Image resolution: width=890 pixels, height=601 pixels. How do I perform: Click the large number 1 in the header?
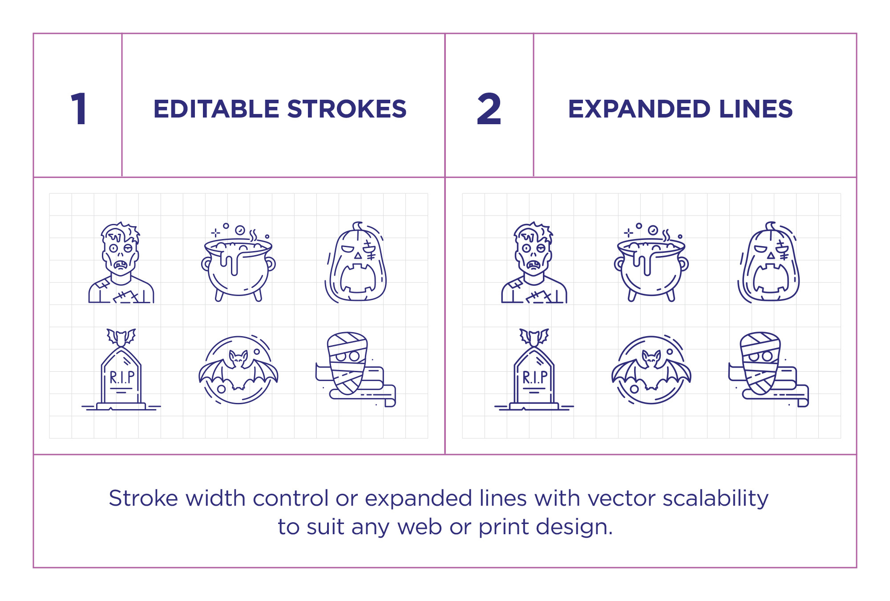(x=79, y=109)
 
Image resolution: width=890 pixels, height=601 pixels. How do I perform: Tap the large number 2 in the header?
(x=489, y=109)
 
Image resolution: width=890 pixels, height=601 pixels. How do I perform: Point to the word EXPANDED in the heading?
(x=639, y=109)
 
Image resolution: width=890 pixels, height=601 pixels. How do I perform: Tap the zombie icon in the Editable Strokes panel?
(x=121, y=263)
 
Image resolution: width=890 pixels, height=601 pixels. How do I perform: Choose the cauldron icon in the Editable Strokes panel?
(x=238, y=264)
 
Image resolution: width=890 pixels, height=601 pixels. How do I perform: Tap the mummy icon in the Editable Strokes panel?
(x=354, y=370)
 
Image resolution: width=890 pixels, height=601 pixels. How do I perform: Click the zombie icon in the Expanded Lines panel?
(x=534, y=263)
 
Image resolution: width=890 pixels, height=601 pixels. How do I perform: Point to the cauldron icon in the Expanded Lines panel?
(x=651, y=264)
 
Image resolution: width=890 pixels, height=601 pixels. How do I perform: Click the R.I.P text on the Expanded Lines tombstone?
(x=534, y=378)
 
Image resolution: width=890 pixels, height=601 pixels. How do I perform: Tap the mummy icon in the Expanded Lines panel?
(x=767, y=370)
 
